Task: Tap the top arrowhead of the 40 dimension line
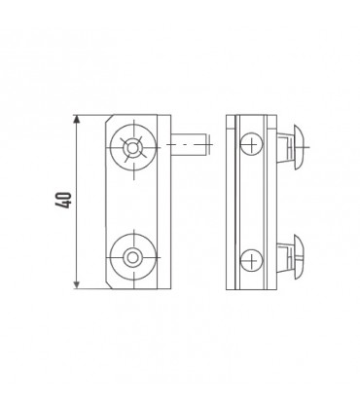tap(76, 120)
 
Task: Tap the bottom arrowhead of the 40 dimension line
tap(76, 284)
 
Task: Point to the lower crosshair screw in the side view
tap(251, 258)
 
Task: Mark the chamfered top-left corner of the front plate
tap(107, 122)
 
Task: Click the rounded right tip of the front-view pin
tap(207, 146)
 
